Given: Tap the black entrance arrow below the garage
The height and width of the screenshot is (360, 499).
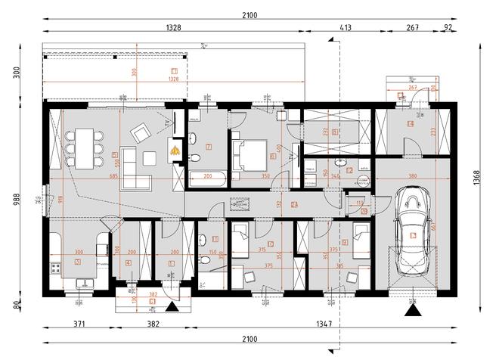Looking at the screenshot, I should coord(412,308).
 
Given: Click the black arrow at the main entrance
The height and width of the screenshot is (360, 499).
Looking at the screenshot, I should coord(172,307).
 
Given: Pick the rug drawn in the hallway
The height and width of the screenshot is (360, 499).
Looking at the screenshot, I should coord(242,204).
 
